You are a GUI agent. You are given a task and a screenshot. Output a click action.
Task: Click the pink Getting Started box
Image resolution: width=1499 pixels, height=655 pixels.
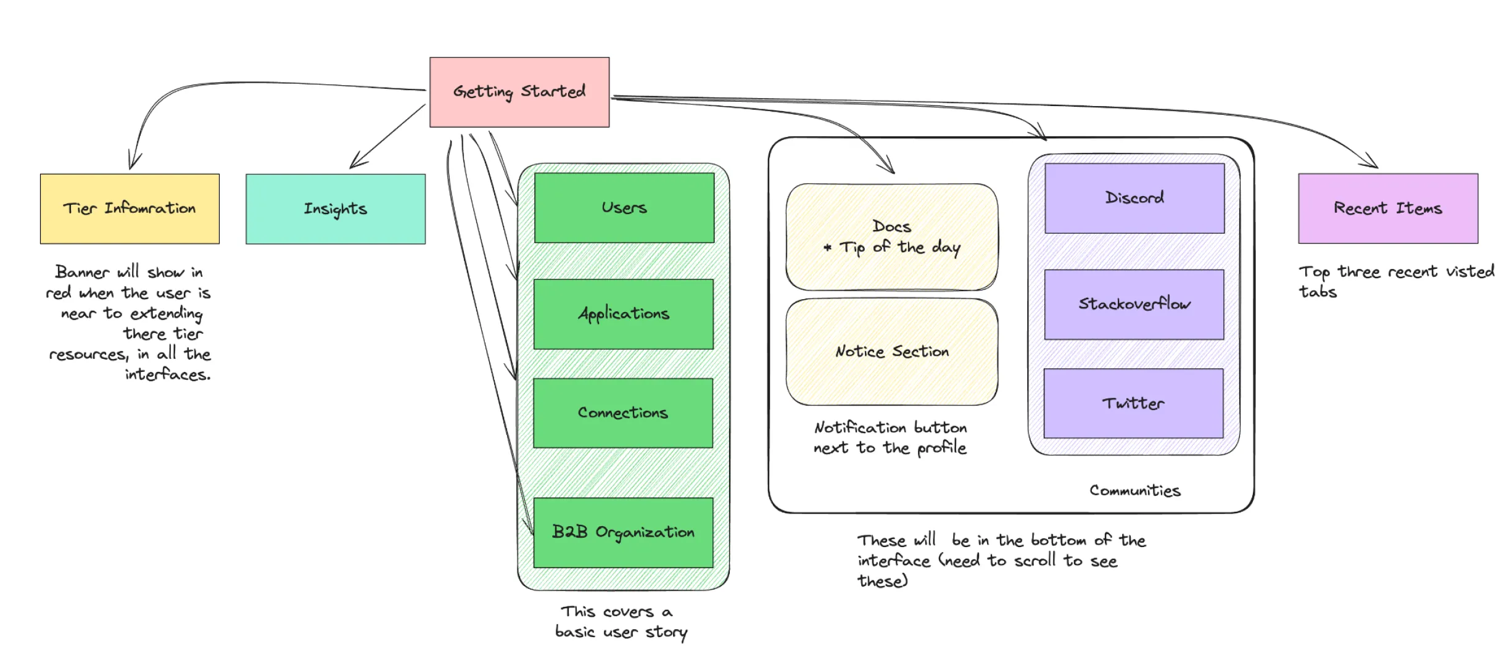519,92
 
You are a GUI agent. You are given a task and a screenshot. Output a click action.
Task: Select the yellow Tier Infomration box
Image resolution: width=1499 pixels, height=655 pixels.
130,208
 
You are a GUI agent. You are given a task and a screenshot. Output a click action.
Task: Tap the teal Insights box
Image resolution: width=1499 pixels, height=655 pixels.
335,209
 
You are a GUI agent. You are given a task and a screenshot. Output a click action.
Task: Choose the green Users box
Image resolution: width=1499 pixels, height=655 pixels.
624,208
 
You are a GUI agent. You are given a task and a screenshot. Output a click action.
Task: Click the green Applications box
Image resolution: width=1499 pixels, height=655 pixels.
623,314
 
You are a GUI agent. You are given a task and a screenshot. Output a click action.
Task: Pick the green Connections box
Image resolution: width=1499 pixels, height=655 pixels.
622,413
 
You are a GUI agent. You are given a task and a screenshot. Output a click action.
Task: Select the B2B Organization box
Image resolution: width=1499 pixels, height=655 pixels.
623,532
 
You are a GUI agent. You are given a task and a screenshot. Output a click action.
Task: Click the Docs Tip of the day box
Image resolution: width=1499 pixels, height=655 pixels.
891,237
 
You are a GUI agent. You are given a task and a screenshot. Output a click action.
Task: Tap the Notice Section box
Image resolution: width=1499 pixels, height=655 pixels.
891,352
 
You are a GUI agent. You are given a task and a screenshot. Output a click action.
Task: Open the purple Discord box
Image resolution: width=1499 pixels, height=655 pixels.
1134,198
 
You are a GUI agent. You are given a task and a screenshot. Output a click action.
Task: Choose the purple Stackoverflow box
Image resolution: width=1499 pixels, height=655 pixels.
1134,304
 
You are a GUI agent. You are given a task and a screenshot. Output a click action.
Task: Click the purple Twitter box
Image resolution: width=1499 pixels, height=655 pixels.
1133,403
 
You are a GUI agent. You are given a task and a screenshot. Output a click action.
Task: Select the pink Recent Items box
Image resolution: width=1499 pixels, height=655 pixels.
1387,208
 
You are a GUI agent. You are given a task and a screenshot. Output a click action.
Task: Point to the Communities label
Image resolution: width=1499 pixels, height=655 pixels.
1134,491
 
